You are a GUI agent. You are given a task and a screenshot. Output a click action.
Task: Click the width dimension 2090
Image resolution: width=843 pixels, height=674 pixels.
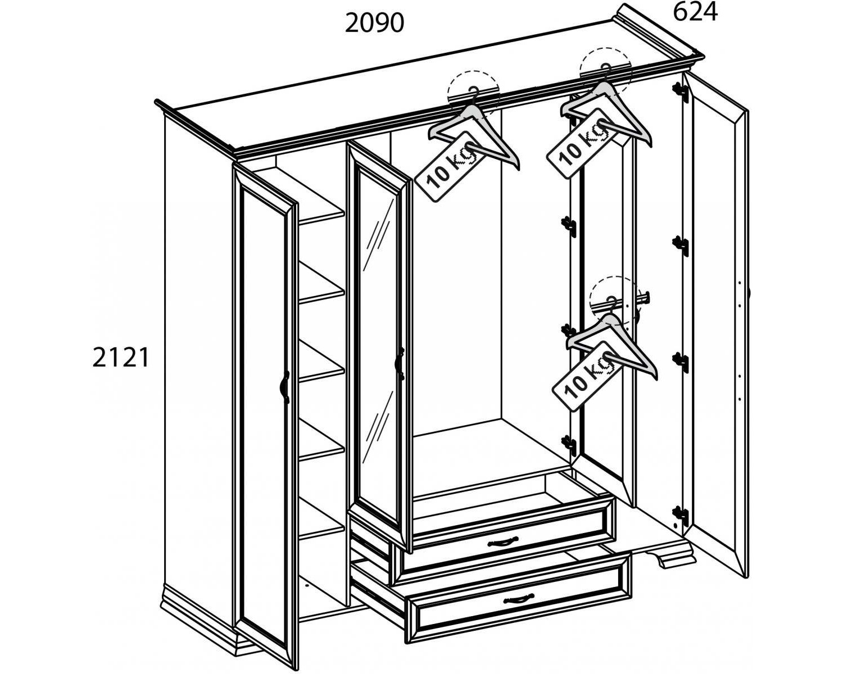pos(374,23)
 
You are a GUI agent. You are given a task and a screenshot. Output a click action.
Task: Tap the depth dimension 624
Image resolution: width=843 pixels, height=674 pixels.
pos(695,12)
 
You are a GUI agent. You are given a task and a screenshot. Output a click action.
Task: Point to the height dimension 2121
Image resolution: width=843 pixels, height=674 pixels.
pos(121,357)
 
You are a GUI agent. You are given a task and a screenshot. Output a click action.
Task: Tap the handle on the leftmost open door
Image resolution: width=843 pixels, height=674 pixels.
pos(285,387)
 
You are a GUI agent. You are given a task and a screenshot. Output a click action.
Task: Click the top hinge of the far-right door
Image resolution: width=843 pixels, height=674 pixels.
pos(681,93)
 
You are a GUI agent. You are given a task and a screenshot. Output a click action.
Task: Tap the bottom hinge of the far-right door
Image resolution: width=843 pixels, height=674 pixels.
pos(681,516)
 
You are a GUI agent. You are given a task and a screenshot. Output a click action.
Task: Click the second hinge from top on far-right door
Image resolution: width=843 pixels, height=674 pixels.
pos(681,245)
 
